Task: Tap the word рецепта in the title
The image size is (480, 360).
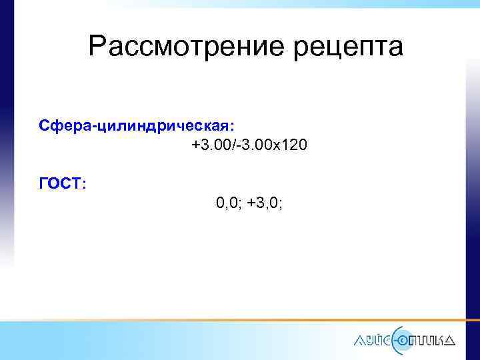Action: (347, 48)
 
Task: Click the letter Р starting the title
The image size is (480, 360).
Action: (97, 47)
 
